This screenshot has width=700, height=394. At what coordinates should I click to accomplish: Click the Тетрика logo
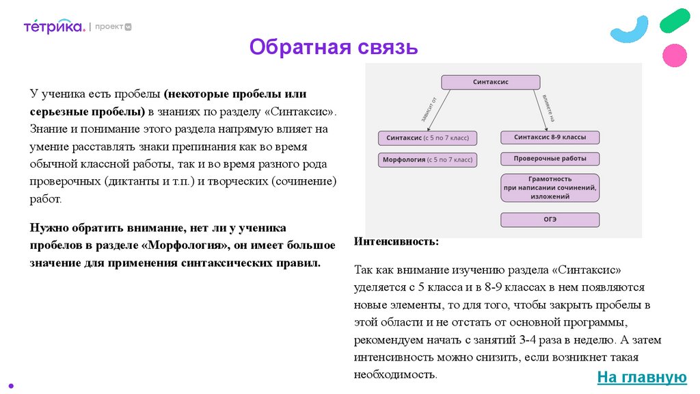click(x=54, y=27)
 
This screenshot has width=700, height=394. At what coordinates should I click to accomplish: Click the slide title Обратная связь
click(x=333, y=47)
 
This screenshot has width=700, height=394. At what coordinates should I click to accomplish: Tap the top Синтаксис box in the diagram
click(x=491, y=82)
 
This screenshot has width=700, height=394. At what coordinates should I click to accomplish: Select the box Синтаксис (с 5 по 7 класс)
click(x=427, y=138)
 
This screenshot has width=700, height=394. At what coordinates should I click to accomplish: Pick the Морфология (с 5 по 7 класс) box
click(x=427, y=160)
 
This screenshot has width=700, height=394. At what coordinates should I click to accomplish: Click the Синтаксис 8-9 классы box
click(x=550, y=137)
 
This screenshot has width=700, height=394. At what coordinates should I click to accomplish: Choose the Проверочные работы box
click(x=550, y=159)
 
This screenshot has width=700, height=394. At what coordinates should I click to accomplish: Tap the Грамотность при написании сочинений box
click(x=550, y=187)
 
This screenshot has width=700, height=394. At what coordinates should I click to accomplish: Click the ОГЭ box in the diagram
click(x=550, y=220)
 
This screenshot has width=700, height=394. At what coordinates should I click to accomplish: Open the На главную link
click(x=641, y=377)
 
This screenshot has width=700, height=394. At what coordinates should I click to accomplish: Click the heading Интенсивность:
click(x=397, y=242)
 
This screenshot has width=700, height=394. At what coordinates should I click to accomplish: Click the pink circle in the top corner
click(x=675, y=55)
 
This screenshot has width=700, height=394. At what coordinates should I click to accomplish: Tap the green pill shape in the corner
click(x=675, y=21)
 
